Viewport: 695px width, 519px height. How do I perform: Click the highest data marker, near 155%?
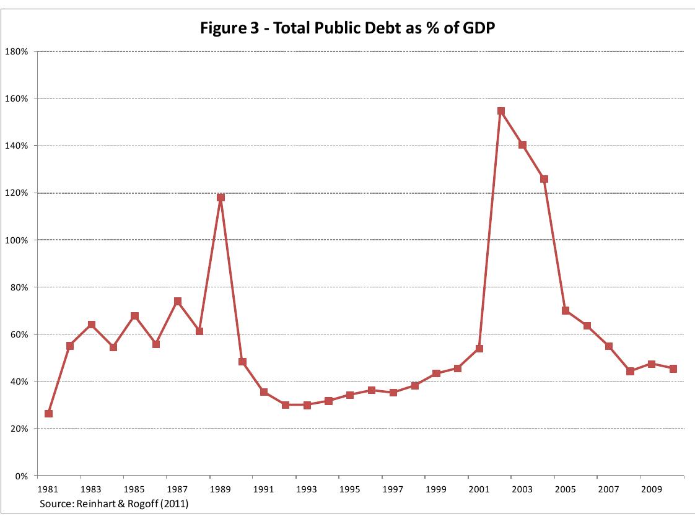click(x=500, y=111)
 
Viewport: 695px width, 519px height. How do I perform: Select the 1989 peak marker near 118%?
click(x=221, y=198)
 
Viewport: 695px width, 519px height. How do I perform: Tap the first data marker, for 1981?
click(x=48, y=414)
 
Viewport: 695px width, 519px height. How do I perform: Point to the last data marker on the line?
click(x=673, y=369)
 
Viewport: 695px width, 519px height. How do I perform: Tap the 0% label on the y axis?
click(x=22, y=476)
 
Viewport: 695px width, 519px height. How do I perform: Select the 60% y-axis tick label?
click(x=21, y=334)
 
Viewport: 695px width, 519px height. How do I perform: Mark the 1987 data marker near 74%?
click(x=178, y=302)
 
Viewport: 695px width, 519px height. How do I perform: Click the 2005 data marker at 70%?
click(x=566, y=311)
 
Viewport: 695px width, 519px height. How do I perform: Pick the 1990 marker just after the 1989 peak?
click(x=242, y=362)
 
